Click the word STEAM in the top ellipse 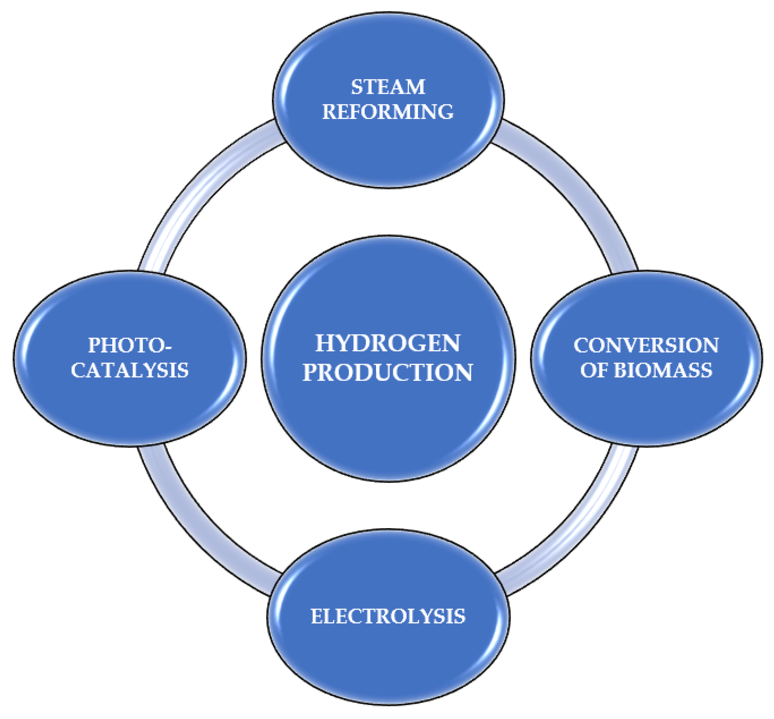(388, 87)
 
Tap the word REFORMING (388, 112)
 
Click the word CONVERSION (646, 345)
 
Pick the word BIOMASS (663, 370)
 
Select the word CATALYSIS (129, 370)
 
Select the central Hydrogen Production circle (388, 420)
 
